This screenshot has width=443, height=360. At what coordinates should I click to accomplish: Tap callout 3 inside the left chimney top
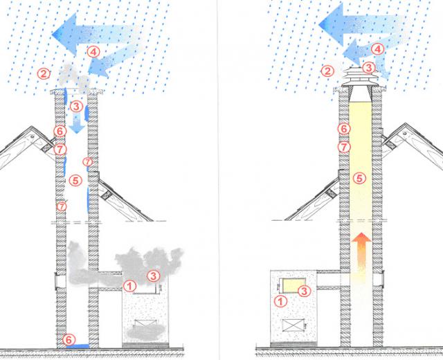pyautogui.click(x=76, y=107)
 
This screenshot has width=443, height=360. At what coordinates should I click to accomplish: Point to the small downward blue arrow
pyautogui.click(x=79, y=127)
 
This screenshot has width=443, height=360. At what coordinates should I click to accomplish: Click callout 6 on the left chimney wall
pyautogui.click(x=60, y=131)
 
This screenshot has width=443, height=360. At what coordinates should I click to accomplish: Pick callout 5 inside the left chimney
pyautogui.click(x=76, y=179)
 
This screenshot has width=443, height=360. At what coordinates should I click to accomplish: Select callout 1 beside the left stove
pyautogui.click(x=129, y=285)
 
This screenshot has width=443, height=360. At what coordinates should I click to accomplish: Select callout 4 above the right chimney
pyautogui.click(x=377, y=49)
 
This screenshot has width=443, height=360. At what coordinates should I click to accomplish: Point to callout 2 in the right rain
pyautogui.click(x=327, y=71)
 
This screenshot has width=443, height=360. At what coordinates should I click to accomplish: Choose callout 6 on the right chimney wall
pyautogui.click(x=343, y=128)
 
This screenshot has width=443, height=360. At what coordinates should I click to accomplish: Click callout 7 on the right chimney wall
pyautogui.click(x=343, y=146)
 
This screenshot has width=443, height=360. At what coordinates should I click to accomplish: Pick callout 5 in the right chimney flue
pyautogui.click(x=359, y=178)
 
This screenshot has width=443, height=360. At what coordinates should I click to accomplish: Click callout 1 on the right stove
pyautogui.click(x=280, y=301)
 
